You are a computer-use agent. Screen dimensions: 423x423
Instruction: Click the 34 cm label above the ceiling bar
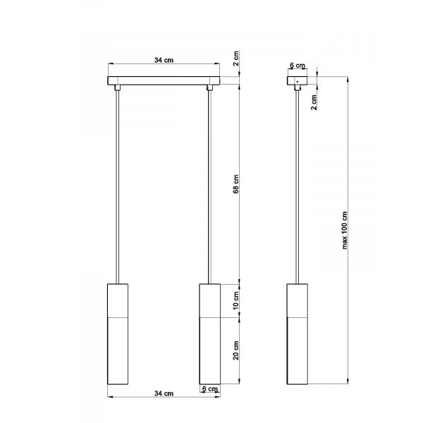(x=164, y=60)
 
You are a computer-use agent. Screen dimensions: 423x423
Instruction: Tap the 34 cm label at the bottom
(x=164, y=393)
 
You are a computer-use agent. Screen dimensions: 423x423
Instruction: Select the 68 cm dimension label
(x=235, y=184)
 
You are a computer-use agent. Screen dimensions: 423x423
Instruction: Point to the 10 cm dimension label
(x=235, y=300)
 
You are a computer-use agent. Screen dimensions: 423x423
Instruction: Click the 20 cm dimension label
(x=235, y=350)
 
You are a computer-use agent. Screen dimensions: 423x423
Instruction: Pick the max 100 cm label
(x=345, y=231)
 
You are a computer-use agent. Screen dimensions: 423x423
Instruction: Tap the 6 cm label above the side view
(x=298, y=66)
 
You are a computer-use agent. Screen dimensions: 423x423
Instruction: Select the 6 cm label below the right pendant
(x=210, y=388)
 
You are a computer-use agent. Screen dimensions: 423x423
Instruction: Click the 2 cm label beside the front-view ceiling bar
(x=235, y=59)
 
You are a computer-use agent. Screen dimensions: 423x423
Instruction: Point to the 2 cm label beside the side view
(x=314, y=102)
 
